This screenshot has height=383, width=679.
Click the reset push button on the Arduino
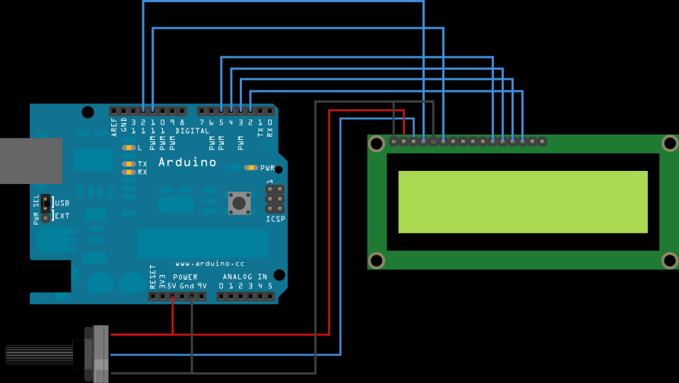coord(239,203)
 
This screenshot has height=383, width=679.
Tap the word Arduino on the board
coord(187,163)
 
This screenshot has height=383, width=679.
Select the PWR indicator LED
coord(250,168)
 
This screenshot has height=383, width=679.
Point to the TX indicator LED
coord(129,164)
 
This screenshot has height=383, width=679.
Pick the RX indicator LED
coord(129,173)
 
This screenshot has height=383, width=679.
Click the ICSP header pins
coord(275,198)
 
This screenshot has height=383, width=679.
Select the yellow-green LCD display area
coord(522,202)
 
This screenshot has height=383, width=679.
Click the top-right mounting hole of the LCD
coord(669,144)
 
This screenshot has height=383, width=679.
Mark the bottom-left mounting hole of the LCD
coord(376,261)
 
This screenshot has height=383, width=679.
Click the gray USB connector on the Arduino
coord(30,161)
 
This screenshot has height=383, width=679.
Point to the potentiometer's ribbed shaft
coord(38,354)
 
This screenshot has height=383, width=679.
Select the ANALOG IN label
coord(244,277)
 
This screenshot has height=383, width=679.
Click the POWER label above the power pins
coord(185,277)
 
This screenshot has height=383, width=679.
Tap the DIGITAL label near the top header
coord(192,131)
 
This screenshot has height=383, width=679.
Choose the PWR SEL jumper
coord(45,209)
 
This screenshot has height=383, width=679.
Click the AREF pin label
coord(114,126)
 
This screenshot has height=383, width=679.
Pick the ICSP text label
coord(275,220)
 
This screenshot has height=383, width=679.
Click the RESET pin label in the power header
coord(153,277)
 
